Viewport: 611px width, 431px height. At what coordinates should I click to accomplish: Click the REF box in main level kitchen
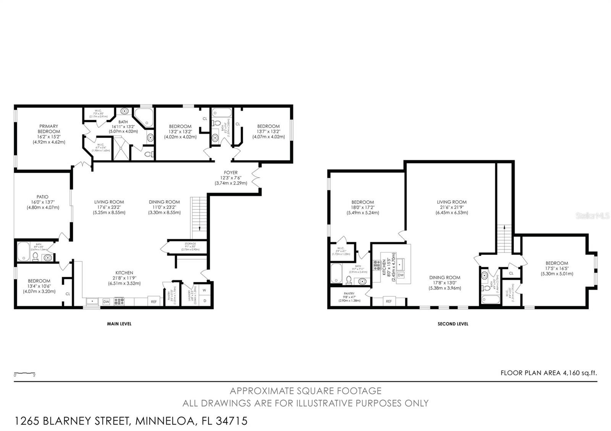[x=154, y=301]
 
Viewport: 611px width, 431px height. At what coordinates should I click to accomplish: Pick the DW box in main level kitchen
[x=107, y=302]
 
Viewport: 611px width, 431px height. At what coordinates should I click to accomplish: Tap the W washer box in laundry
[x=204, y=290]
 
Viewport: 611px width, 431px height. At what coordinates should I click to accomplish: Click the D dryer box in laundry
[x=204, y=301]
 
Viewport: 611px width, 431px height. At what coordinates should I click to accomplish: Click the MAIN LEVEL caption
[x=119, y=324]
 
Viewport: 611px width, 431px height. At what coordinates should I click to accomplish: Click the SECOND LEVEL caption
[x=453, y=324]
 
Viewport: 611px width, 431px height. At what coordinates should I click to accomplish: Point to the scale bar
[x=25, y=373]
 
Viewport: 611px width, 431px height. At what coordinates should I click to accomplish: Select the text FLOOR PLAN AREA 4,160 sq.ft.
[x=548, y=373]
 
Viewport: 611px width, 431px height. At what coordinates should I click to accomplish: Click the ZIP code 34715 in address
[x=231, y=421]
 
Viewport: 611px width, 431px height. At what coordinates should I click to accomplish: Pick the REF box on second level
[x=388, y=301]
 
